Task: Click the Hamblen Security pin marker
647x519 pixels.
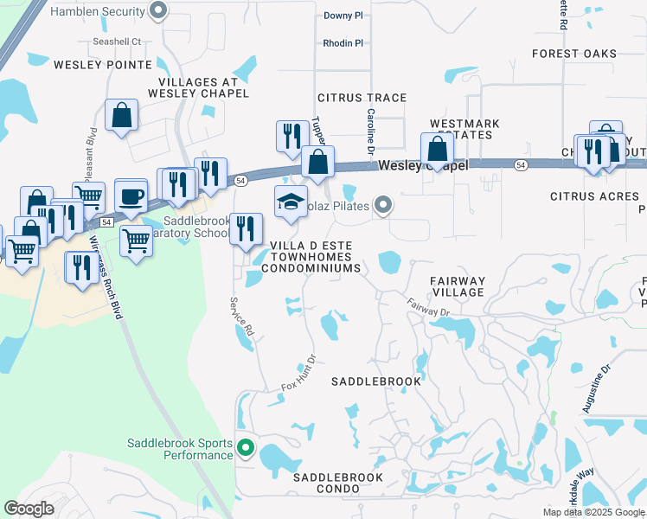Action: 158,11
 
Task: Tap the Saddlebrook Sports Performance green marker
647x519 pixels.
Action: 246,448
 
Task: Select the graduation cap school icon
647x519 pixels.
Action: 291,202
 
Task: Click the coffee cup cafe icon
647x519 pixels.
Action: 131,196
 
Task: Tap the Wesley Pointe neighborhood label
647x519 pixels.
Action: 91,64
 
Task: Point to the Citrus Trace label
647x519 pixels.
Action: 362,98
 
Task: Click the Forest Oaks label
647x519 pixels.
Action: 574,54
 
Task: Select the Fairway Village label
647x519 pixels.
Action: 458,287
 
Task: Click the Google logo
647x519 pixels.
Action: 29,509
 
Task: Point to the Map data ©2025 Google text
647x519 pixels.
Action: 593,512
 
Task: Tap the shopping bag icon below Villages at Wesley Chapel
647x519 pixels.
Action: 122,115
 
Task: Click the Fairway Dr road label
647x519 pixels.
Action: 429,306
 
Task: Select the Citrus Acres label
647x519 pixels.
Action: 594,197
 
